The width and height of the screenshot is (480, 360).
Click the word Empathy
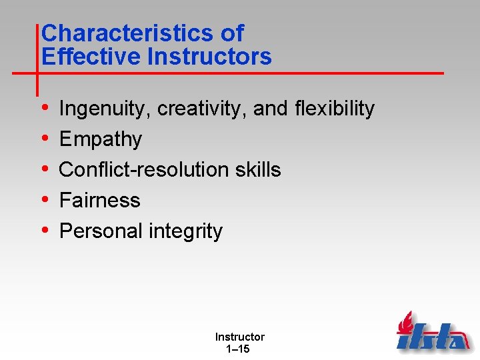(101, 139)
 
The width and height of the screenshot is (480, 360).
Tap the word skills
(258, 170)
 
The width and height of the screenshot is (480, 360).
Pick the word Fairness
(100, 201)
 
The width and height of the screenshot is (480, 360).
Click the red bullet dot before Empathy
(44, 139)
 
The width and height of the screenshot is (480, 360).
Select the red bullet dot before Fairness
(44, 200)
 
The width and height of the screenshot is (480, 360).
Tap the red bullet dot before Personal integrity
(44, 231)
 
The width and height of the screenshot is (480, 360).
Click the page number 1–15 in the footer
(239, 349)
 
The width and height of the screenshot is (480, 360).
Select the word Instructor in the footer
(239, 337)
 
